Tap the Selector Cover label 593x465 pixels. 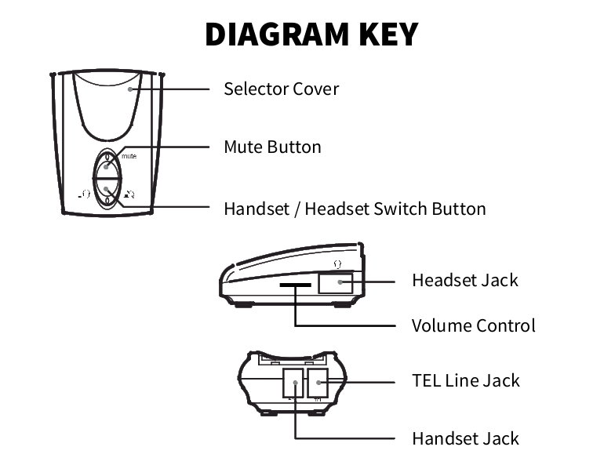[x=281, y=89]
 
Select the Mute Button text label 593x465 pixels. [x=272, y=147]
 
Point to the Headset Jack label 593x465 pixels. [x=465, y=280]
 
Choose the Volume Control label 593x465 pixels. [x=473, y=325]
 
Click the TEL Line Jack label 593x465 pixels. [x=466, y=380]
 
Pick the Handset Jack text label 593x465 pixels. [x=465, y=438]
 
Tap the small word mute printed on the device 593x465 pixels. [x=129, y=158]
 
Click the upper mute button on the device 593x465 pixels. [x=107, y=166]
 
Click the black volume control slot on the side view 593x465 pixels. [x=295, y=286]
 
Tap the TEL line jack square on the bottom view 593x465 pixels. [x=318, y=383]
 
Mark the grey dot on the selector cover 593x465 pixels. [x=132, y=89]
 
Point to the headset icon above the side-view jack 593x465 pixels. [x=337, y=263]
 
